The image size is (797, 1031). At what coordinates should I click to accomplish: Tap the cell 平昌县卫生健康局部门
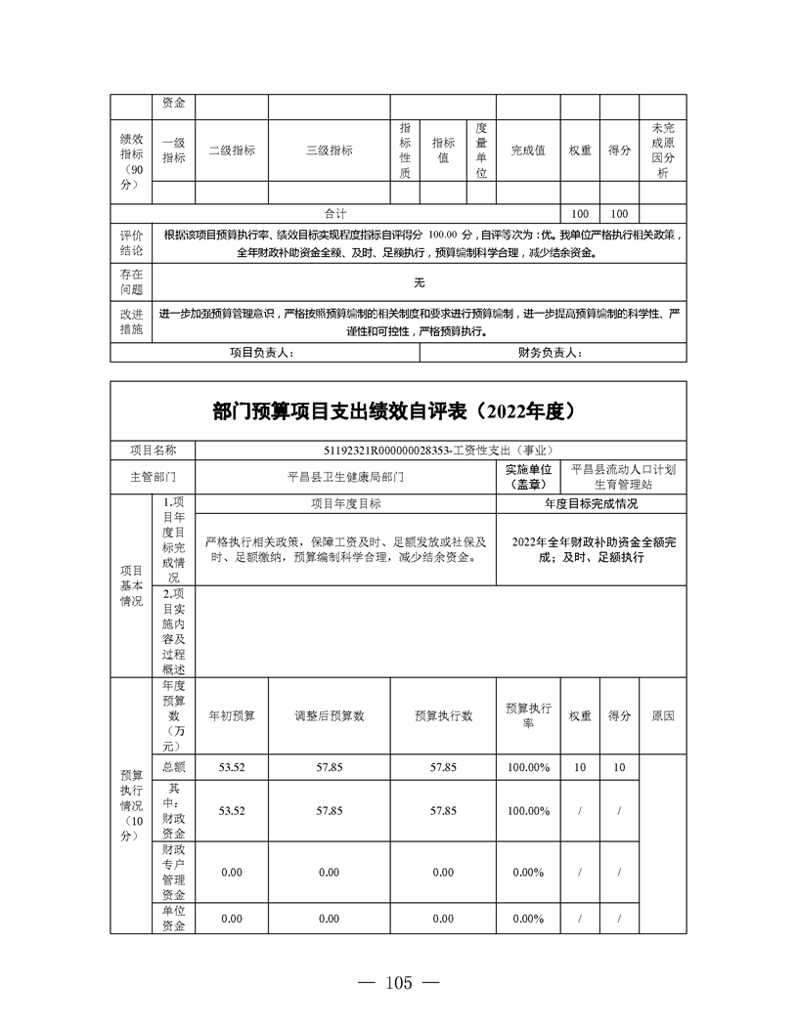tap(344, 478)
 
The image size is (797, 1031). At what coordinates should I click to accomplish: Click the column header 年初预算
tap(232, 715)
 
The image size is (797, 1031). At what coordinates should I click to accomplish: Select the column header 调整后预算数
tap(330, 715)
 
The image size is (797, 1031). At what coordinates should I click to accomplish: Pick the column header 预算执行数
tap(443, 715)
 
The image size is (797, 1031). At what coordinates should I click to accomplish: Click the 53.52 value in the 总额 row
tap(232, 767)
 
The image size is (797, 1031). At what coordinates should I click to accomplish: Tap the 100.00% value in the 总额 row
tap(528, 767)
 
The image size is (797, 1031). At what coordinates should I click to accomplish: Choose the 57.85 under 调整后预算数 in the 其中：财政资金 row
tap(330, 811)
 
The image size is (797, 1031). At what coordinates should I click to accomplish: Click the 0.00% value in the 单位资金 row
tap(528, 919)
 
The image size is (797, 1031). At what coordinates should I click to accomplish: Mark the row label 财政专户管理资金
tap(174, 872)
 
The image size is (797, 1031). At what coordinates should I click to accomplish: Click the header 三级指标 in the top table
tap(330, 150)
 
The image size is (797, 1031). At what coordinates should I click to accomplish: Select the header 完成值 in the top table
tap(528, 150)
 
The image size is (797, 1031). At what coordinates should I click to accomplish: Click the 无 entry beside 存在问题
tap(419, 282)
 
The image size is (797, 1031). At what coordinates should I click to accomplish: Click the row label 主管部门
tap(154, 478)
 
